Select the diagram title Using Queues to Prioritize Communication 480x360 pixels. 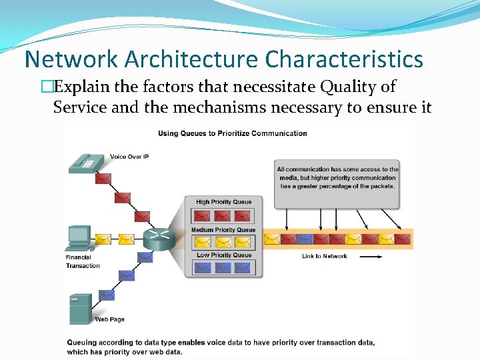click(x=232, y=133)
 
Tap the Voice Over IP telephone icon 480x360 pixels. click(x=85, y=162)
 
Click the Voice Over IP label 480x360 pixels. click(x=128, y=157)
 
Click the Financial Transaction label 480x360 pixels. click(x=83, y=261)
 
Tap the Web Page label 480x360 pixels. click(x=109, y=319)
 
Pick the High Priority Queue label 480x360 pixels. click(x=223, y=202)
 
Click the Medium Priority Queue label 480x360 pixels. click(x=223, y=230)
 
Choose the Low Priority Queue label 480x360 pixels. click(x=224, y=255)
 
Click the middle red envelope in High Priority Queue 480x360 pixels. click(x=223, y=216)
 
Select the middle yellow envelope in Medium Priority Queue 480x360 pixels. click(x=223, y=243)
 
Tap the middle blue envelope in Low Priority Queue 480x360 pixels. click(x=223, y=268)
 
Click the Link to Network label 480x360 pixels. click(x=324, y=256)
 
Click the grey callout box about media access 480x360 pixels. click(x=337, y=178)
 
